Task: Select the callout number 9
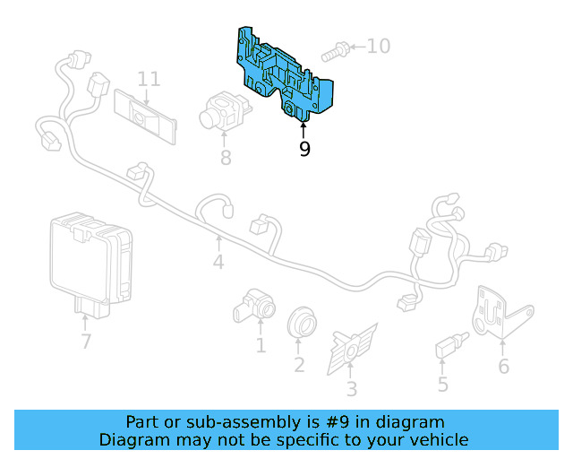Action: (304, 149)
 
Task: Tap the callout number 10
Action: (379, 46)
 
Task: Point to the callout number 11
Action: (149, 79)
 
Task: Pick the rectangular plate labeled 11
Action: (145, 115)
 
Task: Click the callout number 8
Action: (226, 159)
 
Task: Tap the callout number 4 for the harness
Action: (218, 263)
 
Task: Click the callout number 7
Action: (86, 342)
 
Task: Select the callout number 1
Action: (261, 346)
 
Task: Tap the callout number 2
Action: (299, 365)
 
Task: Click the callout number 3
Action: (351, 389)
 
